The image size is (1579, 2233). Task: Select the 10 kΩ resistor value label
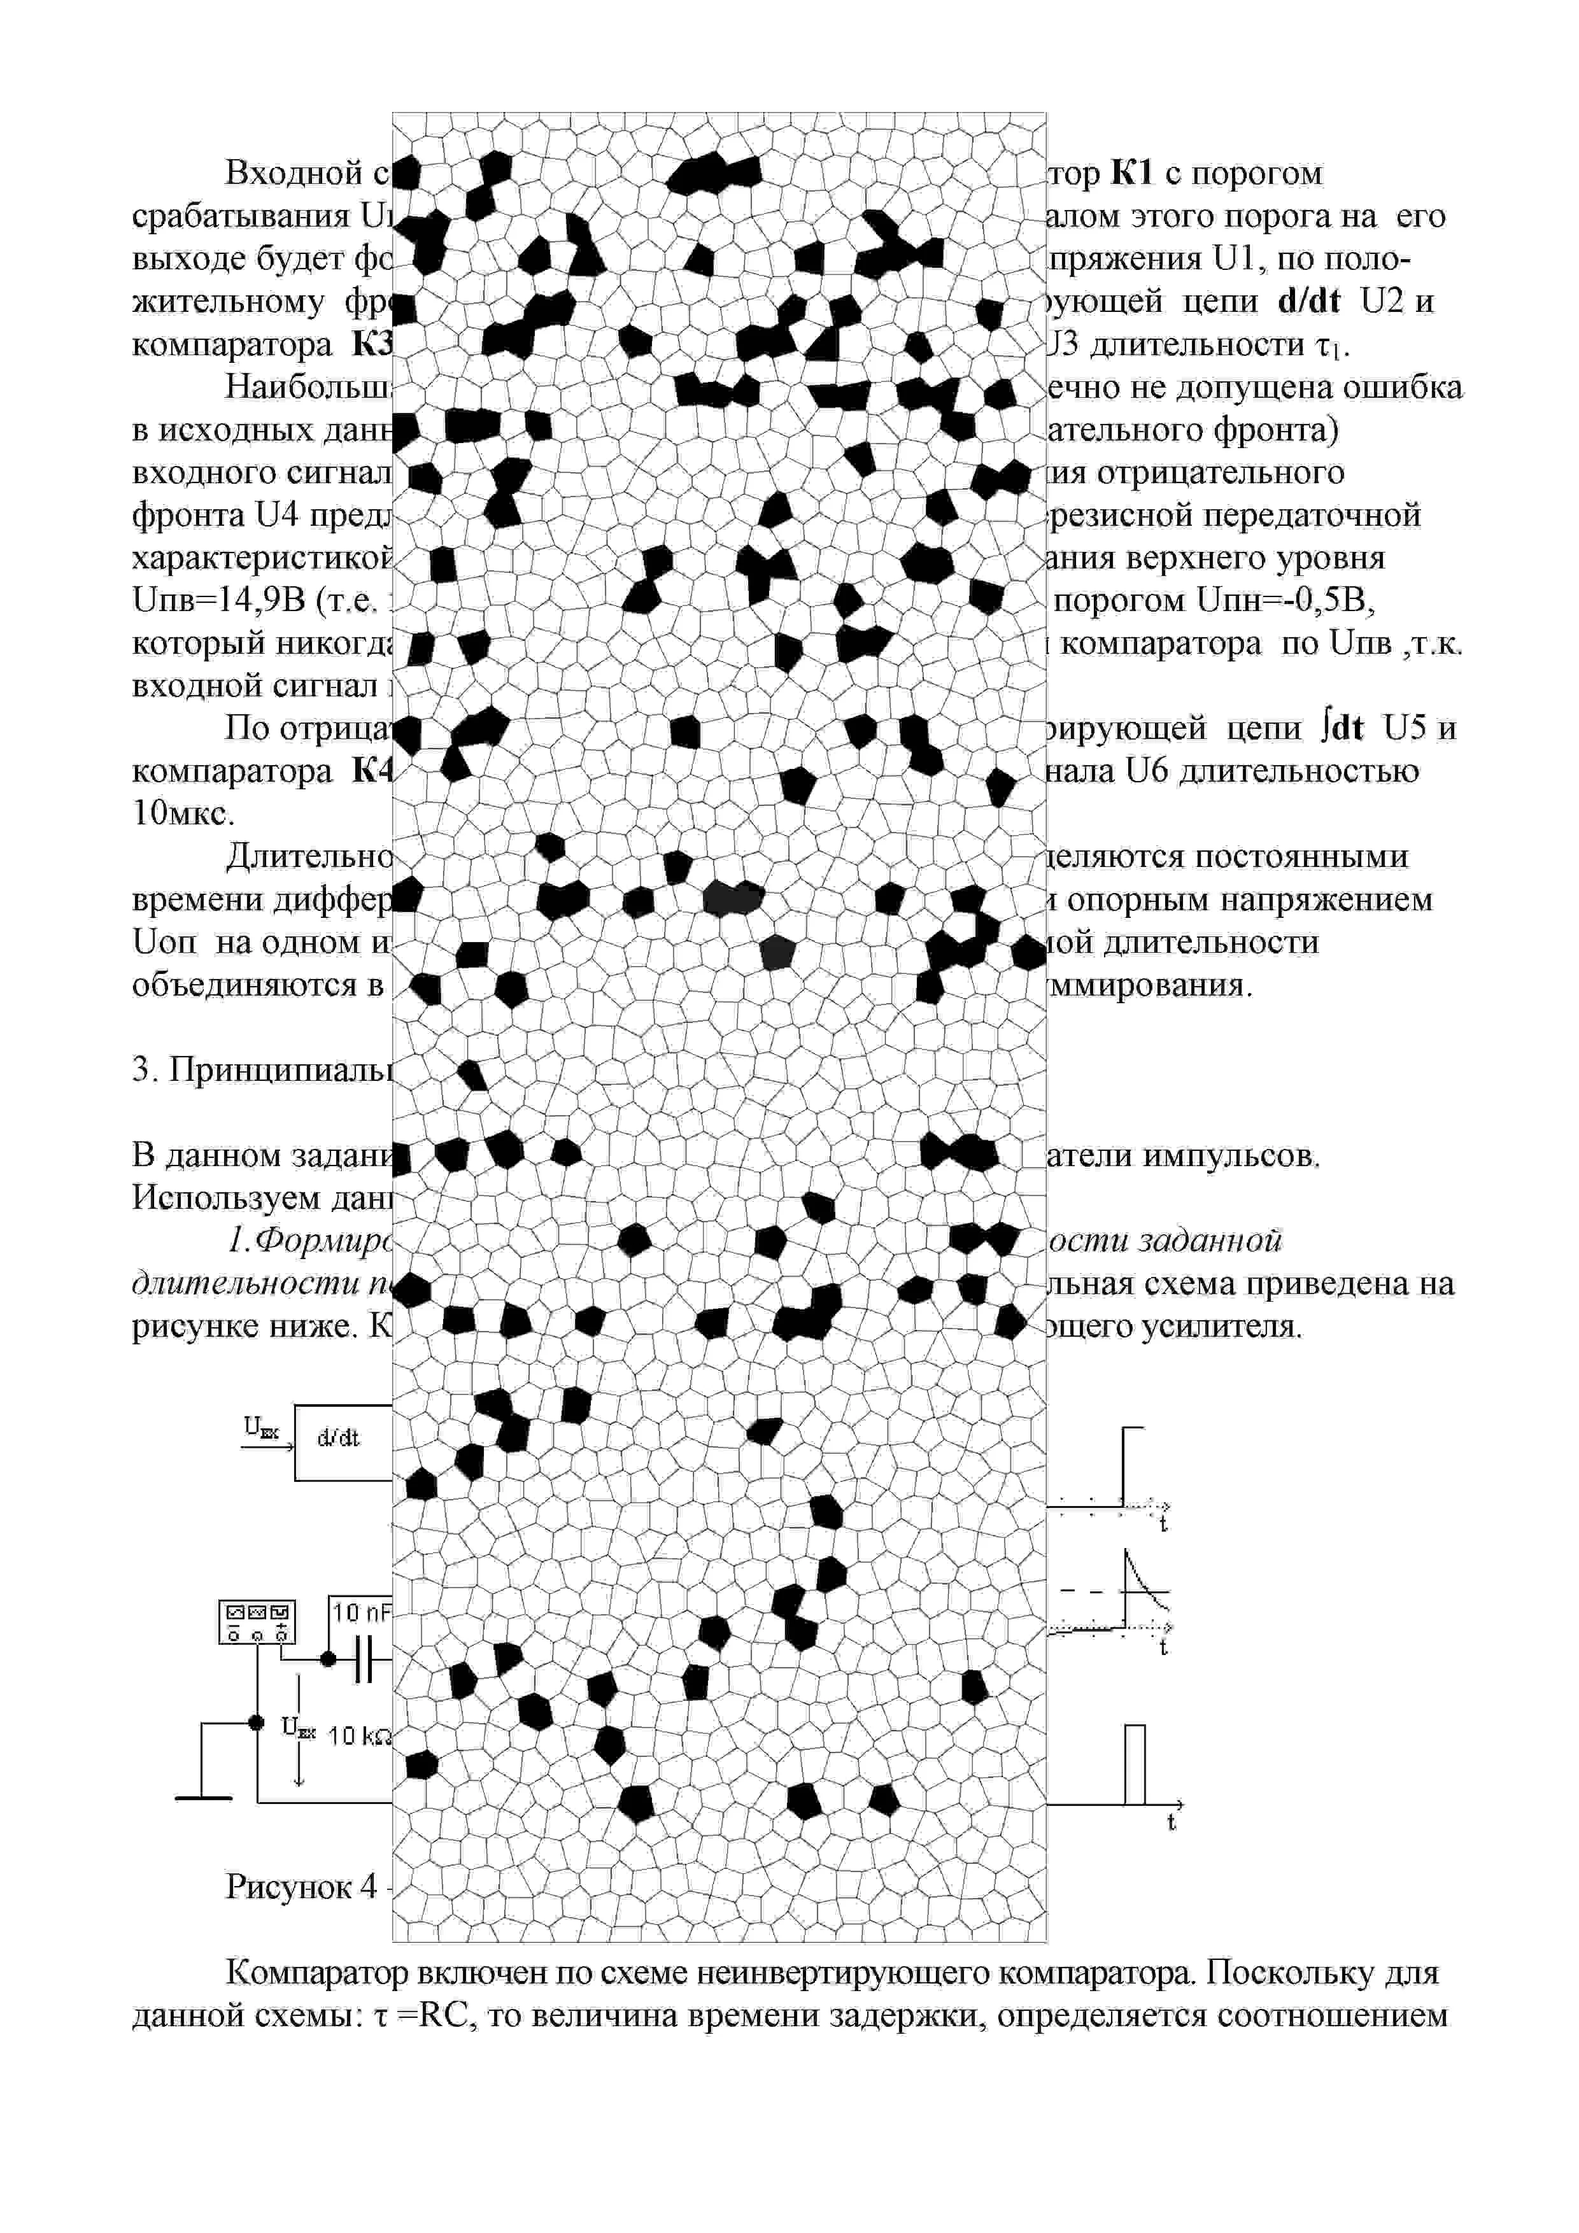[358, 1735]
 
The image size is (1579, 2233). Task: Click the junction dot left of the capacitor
[328, 1659]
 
